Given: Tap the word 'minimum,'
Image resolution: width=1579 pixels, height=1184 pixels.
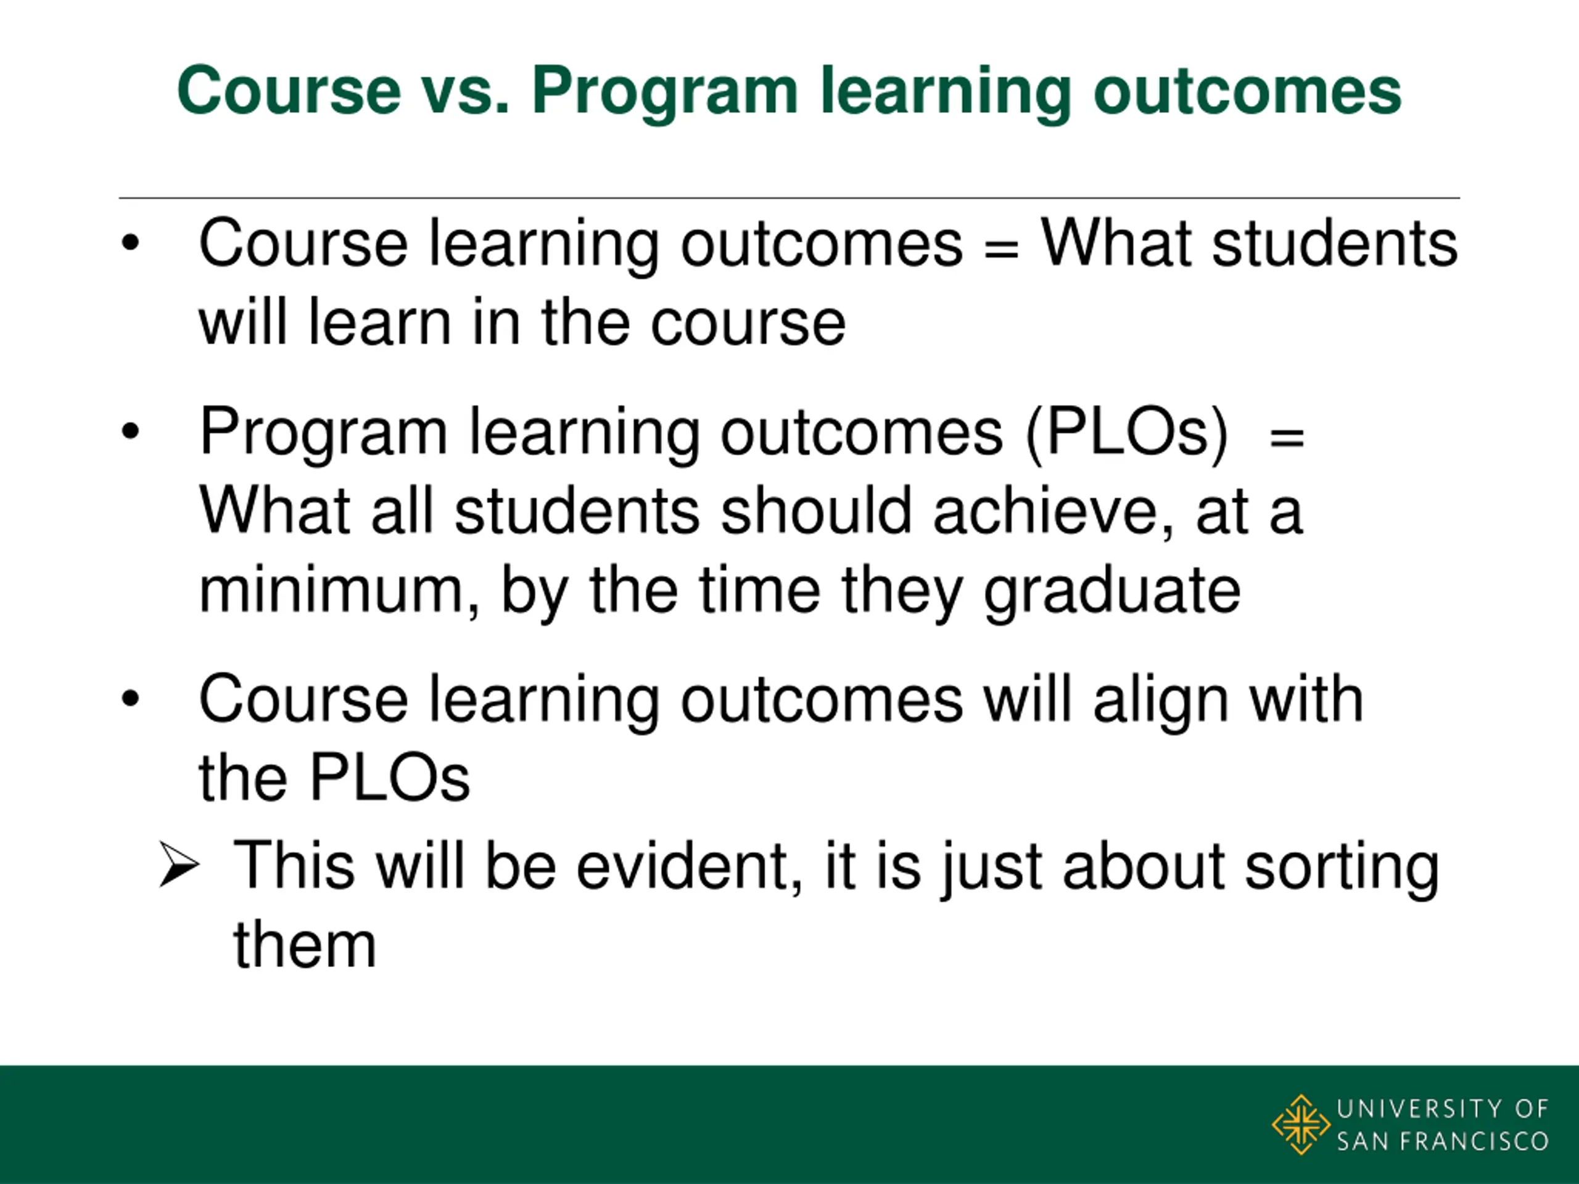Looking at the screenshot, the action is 339,591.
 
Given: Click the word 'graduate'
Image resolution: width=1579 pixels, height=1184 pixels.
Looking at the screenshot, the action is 1112,593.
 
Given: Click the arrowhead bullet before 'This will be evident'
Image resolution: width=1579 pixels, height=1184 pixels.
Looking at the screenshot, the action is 178,865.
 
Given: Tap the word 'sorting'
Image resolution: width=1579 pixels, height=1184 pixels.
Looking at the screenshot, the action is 1342,868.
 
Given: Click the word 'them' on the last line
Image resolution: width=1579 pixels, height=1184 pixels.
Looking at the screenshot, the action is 305,945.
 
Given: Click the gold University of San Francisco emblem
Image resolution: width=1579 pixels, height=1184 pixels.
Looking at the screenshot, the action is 1301,1125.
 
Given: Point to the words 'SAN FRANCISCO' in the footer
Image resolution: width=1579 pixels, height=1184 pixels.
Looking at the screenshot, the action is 1443,1141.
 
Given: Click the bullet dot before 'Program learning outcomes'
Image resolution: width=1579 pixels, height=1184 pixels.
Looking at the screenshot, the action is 130,431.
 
